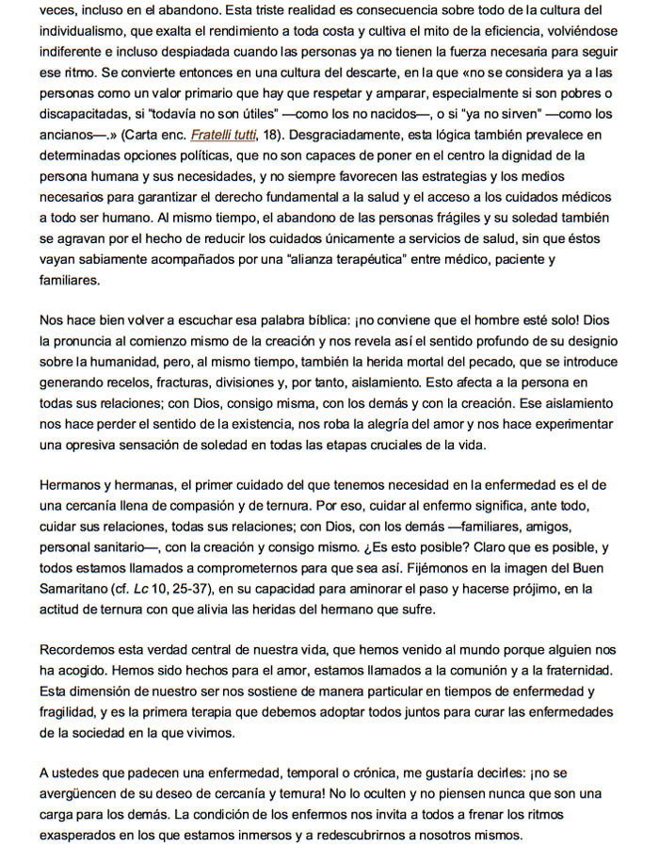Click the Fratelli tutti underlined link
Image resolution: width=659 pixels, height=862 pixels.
click(x=229, y=134)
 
